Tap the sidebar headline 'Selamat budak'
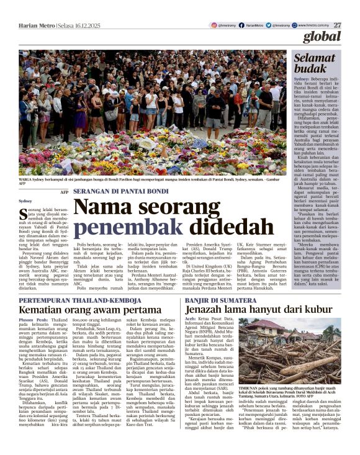tap(323, 63)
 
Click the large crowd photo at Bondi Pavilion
tap(156, 112)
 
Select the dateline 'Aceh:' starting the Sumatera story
tap(193, 320)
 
